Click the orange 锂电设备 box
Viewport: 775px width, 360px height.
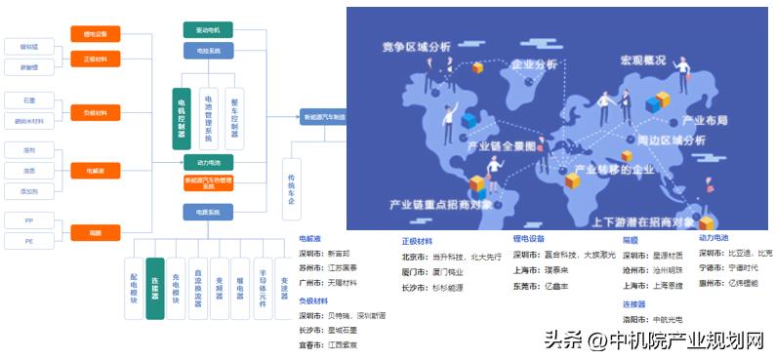point(95,35)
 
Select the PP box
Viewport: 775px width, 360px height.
point(29,221)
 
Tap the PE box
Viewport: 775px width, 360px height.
point(29,240)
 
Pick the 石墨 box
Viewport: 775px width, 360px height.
point(29,100)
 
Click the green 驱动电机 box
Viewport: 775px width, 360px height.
point(208,30)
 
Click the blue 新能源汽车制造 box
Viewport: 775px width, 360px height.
point(322,116)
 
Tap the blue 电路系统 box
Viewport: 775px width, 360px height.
point(208,212)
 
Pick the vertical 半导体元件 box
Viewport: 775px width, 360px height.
point(262,289)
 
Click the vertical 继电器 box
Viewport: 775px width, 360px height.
point(240,289)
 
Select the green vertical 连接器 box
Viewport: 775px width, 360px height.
point(154,289)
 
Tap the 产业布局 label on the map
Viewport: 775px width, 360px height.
point(705,121)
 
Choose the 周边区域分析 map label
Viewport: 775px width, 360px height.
point(672,140)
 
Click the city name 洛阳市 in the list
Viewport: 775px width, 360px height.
point(635,319)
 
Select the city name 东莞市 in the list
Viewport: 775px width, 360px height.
point(525,286)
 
